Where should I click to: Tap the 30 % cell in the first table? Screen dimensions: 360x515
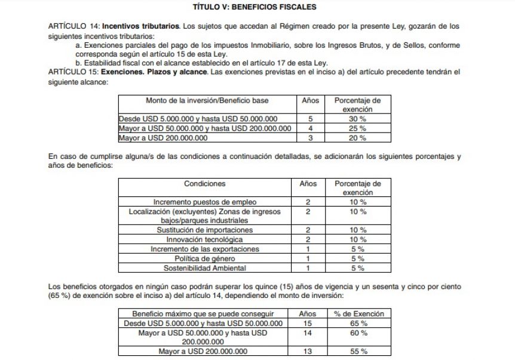tap(358, 119)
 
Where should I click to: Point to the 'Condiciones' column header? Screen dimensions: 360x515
tap(205, 184)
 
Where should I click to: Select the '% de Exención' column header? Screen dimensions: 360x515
tap(359, 313)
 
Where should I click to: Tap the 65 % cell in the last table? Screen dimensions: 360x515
tap(359, 323)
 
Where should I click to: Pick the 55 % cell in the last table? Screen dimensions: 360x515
tap(359, 352)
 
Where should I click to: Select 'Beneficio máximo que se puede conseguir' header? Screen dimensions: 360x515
tap(203, 313)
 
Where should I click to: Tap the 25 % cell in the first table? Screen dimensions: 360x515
tap(358, 128)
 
